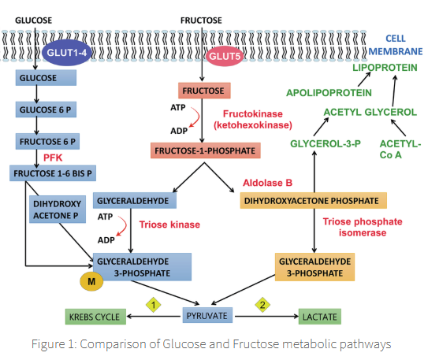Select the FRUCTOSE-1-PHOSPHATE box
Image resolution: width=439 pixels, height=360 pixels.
tap(204, 148)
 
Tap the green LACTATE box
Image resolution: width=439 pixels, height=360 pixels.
tap(319, 317)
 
